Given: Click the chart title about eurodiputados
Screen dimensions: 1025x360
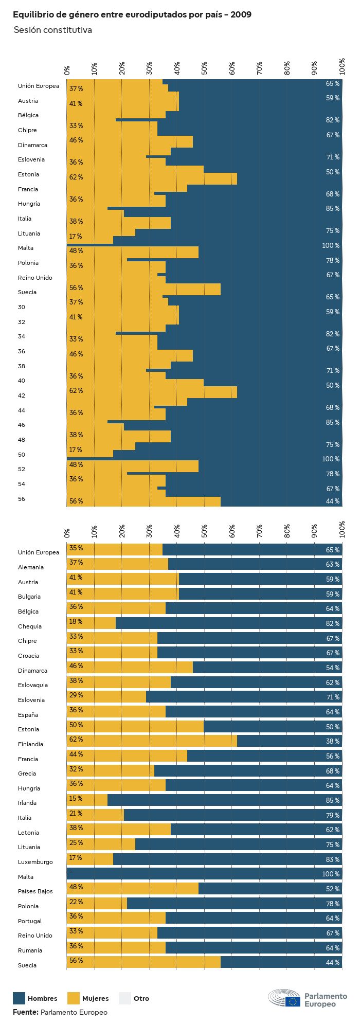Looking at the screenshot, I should point(132,15).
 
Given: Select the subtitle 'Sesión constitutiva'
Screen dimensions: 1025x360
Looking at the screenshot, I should point(52,30).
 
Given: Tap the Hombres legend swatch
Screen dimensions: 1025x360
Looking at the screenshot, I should point(19,998).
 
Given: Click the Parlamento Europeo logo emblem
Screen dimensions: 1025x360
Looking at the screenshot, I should point(284,998).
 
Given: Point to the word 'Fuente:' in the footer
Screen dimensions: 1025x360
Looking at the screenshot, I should point(26,1012).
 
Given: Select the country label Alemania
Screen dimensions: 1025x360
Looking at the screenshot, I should point(31,567).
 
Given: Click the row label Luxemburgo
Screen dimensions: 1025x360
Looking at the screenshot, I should point(35,862).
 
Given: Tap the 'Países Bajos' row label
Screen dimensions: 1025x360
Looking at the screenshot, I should point(35,891).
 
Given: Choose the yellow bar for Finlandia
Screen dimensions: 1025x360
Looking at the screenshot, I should point(152,741).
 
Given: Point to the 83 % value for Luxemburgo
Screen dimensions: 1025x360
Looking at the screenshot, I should point(332,859).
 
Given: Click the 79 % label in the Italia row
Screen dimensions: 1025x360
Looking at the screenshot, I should point(332,815).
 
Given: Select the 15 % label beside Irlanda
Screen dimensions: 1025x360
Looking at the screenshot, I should point(76,798).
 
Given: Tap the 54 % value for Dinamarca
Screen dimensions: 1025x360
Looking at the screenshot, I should point(332,668).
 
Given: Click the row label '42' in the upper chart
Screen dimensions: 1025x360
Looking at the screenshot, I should point(22,395).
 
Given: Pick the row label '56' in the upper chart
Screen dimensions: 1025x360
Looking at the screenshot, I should point(22,499).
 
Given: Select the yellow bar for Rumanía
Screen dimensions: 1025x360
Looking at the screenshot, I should point(116,948).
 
